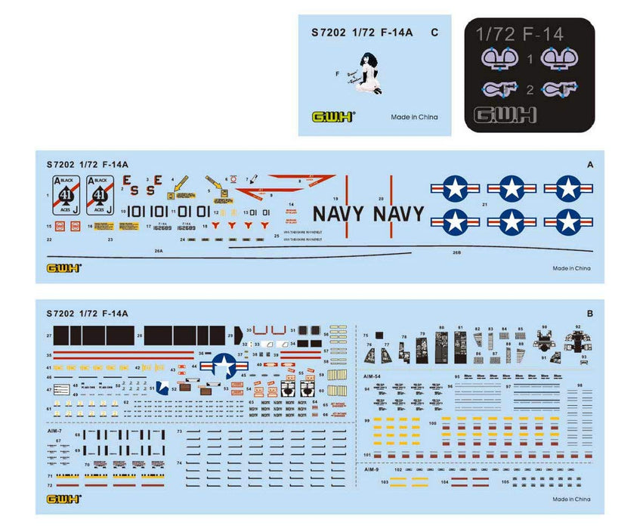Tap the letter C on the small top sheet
[x=434, y=32]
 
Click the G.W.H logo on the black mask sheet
[x=503, y=115]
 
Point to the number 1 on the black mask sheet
[x=530, y=59]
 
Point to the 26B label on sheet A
[x=456, y=252]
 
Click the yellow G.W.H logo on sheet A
[x=63, y=268]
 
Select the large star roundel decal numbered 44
[x=225, y=366]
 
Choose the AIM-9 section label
[x=370, y=469]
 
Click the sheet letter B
[x=589, y=313]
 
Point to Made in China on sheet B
[x=571, y=499]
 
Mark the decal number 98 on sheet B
[x=579, y=385]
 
